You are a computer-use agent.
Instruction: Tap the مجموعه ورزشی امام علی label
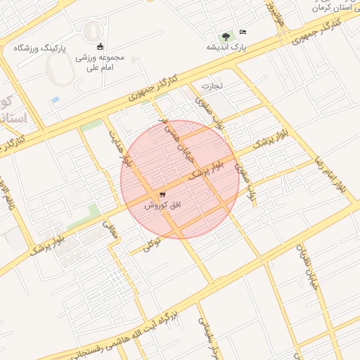coord(98,63)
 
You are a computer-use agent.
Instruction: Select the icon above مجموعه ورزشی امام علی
coord(99,46)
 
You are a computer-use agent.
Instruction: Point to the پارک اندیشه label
coord(225,47)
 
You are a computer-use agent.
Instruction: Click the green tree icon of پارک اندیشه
coord(225,35)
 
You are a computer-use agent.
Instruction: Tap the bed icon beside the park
coord(243,32)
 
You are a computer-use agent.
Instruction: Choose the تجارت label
coord(212,86)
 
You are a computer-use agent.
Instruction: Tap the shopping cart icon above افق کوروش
coord(163,194)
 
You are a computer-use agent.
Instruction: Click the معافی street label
coord(109,229)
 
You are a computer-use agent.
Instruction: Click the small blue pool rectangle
coord(55,100)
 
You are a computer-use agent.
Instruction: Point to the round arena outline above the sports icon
coord(92,31)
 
